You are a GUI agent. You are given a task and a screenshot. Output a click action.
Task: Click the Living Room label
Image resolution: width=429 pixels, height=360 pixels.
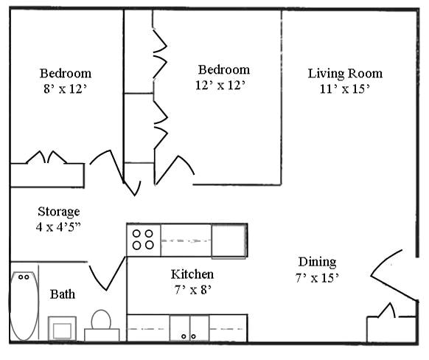pyautogui.click(x=345, y=73)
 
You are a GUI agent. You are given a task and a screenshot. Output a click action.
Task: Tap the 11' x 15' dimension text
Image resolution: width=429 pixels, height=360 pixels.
pyautogui.click(x=345, y=88)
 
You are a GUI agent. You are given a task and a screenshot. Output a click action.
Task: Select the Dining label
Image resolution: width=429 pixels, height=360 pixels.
pyautogui.click(x=317, y=262)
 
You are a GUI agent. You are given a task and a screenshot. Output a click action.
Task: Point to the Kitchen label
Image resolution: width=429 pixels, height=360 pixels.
pyautogui.click(x=192, y=274)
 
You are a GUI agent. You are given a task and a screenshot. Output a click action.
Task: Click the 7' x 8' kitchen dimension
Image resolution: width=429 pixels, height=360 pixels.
pyautogui.click(x=192, y=289)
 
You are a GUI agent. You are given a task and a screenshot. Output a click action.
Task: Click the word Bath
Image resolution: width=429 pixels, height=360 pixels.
pyautogui.click(x=63, y=294)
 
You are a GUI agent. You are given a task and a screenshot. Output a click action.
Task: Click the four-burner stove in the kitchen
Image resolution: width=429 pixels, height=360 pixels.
pyautogui.click(x=143, y=240)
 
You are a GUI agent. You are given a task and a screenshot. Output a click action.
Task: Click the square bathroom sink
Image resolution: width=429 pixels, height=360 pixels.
pyautogui.click(x=62, y=328)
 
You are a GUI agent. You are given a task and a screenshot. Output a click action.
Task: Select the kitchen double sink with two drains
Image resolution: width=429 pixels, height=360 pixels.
pyautogui.click(x=189, y=328)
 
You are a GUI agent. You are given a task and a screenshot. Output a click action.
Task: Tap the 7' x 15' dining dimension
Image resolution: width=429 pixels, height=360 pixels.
pyautogui.click(x=317, y=278)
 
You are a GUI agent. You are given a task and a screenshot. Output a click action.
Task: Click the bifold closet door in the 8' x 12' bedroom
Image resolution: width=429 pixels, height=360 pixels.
pyautogui.click(x=47, y=158)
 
